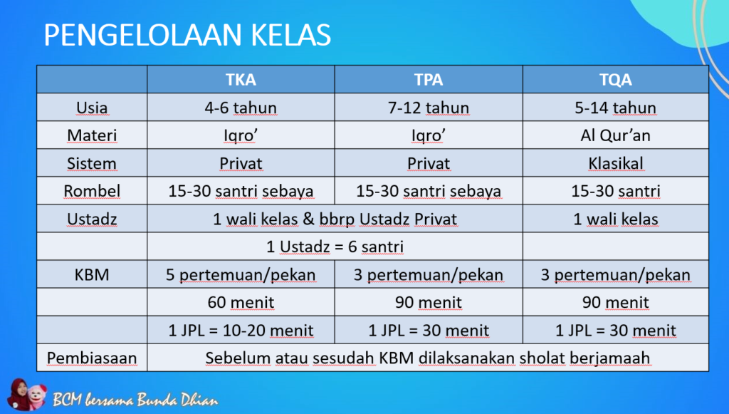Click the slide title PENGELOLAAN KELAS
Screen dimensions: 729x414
pyautogui.click(x=187, y=35)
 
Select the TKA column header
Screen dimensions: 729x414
pyautogui.click(x=241, y=80)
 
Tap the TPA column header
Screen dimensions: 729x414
pyautogui.click(x=428, y=80)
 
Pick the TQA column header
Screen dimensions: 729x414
pyautogui.click(x=616, y=80)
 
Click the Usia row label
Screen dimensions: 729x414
pyautogui.click(x=92, y=108)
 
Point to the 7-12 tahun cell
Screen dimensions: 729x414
pyautogui.click(x=428, y=108)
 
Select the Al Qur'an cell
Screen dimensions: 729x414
pyautogui.click(x=616, y=135)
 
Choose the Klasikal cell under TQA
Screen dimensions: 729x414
pyautogui.click(x=616, y=163)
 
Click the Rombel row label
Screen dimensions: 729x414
pyautogui.click(x=92, y=191)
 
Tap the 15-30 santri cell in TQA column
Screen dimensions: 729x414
pyautogui.click(x=616, y=191)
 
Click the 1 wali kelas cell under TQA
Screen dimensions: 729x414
pyautogui.click(x=616, y=219)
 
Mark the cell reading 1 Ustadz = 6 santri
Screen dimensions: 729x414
pyautogui.click(x=335, y=247)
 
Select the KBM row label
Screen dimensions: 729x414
pyautogui.click(x=92, y=274)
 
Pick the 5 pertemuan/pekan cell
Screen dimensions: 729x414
pyautogui.click(x=241, y=274)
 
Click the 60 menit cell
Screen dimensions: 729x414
pyautogui.click(x=241, y=302)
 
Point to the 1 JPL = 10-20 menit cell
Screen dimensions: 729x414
pyautogui.click(x=241, y=330)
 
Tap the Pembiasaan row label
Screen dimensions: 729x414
pyautogui.click(x=92, y=358)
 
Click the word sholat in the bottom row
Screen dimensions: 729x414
pyautogui.click(x=542, y=358)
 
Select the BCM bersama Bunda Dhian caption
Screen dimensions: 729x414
pyautogui.click(x=135, y=400)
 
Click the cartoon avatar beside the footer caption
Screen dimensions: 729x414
pyautogui.click(x=27, y=395)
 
